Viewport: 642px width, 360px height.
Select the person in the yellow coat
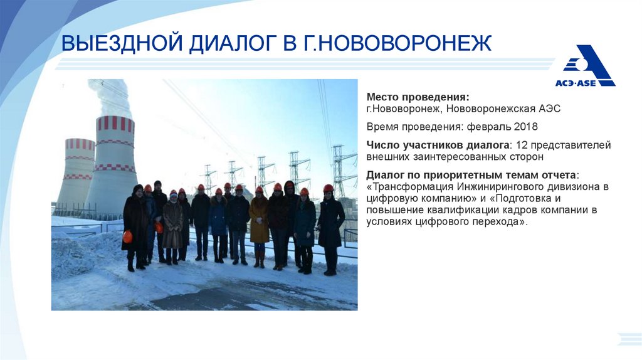click(x=259, y=223)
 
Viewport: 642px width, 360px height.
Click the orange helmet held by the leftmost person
click(x=127, y=236)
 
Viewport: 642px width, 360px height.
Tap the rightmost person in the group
click(x=330, y=229)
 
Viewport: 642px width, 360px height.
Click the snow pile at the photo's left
click(x=78, y=257)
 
